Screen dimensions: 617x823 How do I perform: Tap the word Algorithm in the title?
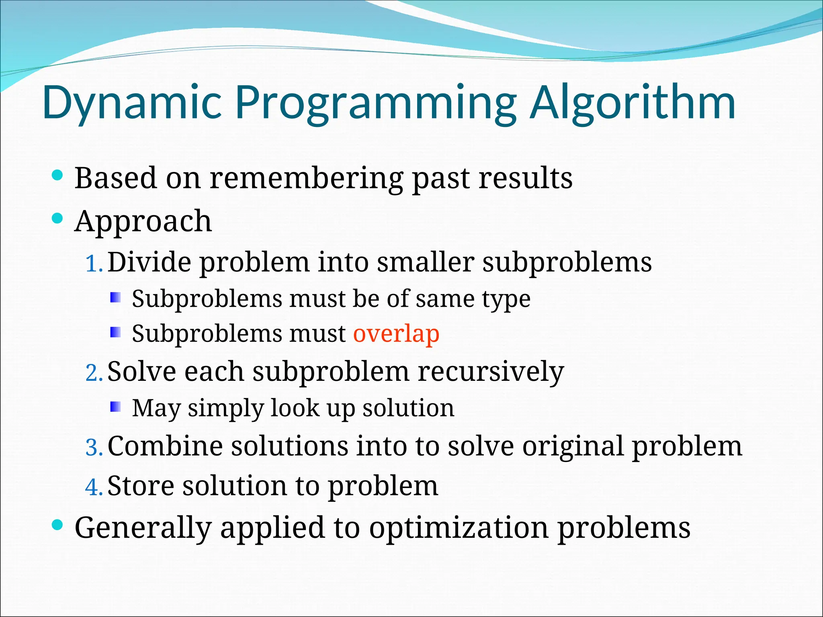[633, 102]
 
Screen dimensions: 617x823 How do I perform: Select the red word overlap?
[396, 334]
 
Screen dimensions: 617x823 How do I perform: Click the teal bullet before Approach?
[58, 219]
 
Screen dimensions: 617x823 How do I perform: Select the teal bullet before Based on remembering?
[58, 175]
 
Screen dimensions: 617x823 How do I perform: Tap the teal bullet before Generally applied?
[58, 525]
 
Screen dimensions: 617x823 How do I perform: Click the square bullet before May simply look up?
[115, 407]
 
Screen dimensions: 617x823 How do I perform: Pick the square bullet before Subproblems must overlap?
[115, 332]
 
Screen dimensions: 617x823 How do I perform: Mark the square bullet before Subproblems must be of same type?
[115, 298]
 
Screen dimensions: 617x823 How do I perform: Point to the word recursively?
[491, 372]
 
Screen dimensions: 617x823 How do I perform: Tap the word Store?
[141, 486]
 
